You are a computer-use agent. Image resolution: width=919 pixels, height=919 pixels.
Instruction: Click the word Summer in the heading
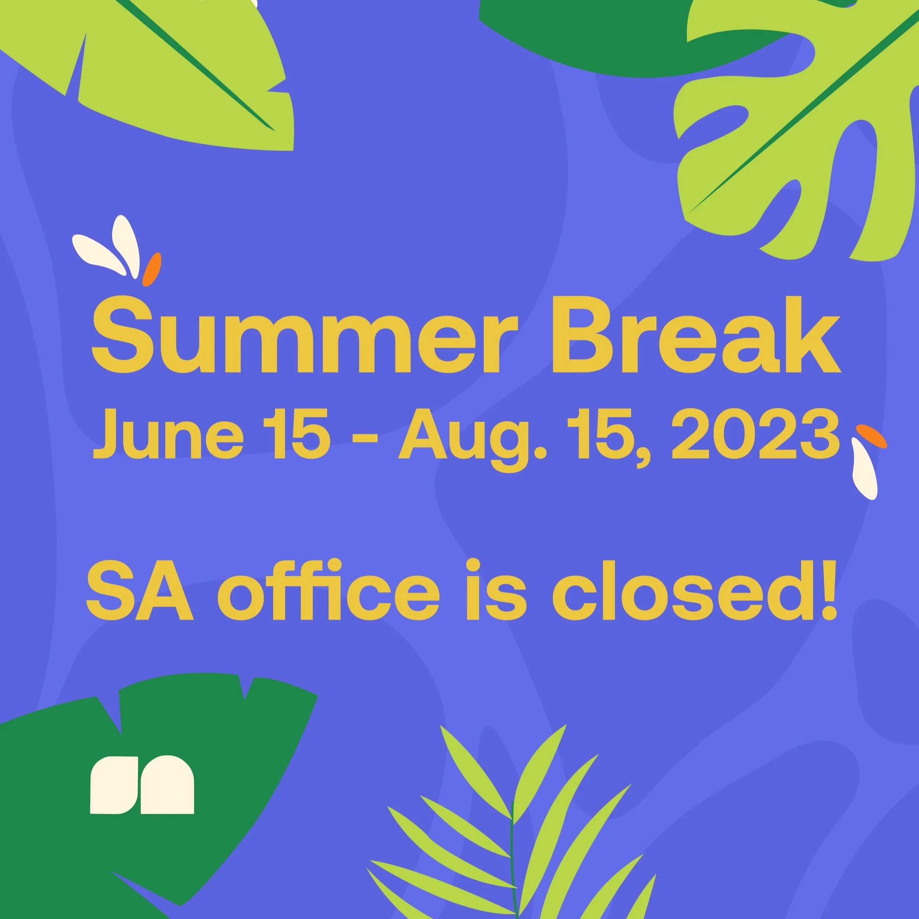pyautogui.click(x=304, y=335)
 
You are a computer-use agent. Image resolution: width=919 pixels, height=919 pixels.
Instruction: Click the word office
pyautogui.click(x=328, y=590)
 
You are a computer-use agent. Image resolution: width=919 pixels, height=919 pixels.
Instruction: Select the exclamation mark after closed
pyautogui.click(x=828, y=590)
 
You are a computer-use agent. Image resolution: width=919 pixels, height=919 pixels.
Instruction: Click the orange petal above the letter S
pyautogui.click(x=152, y=269)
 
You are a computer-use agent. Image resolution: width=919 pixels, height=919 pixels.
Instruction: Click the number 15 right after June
pyautogui.click(x=296, y=434)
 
